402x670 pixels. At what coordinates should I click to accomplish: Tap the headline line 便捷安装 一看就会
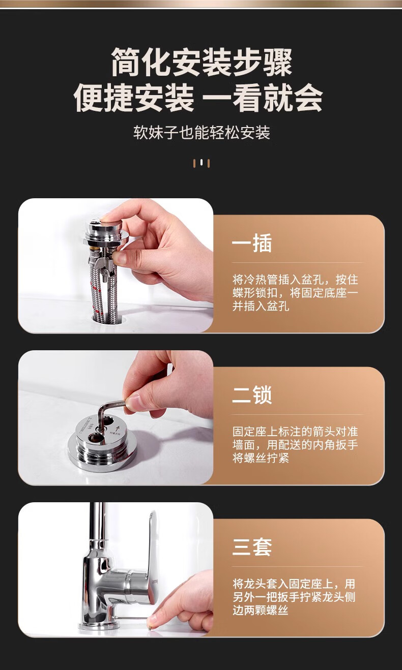pyautogui.click(x=198, y=98)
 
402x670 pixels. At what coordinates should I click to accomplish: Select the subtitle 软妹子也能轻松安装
pyautogui.click(x=202, y=133)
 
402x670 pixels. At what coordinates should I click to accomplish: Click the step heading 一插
pyautogui.click(x=252, y=243)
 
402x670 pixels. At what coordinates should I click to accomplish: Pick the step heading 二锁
pyautogui.click(x=252, y=395)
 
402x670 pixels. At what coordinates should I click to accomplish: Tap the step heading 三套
pyautogui.click(x=252, y=547)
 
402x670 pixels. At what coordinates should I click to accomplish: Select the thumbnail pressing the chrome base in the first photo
pyautogui.click(x=108, y=219)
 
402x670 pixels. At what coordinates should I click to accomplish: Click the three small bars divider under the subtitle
pyautogui.click(x=201, y=163)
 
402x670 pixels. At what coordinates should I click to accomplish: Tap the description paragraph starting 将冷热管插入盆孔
pyautogui.click(x=295, y=293)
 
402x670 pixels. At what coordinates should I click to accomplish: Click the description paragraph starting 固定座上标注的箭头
pyautogui.click(x=295, y=445)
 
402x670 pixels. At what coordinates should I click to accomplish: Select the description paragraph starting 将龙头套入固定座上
pyautogui.click(x=294, y=597)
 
